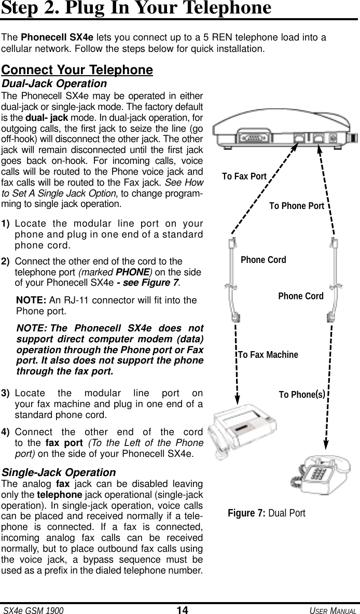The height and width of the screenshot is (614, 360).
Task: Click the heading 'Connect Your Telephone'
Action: (77, 70)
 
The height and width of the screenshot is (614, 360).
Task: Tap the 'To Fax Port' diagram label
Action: (244, 176)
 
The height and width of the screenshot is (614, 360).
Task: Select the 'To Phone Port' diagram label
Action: (296, 206)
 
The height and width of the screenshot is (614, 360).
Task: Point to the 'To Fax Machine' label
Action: (268, 355)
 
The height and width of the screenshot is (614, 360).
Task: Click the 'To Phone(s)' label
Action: (302, 394)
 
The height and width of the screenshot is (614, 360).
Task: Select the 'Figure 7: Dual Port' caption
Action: (267, 513)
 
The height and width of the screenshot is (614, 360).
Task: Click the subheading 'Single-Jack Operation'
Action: (59, 472)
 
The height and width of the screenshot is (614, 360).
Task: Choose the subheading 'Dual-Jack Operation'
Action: (54, 83)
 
